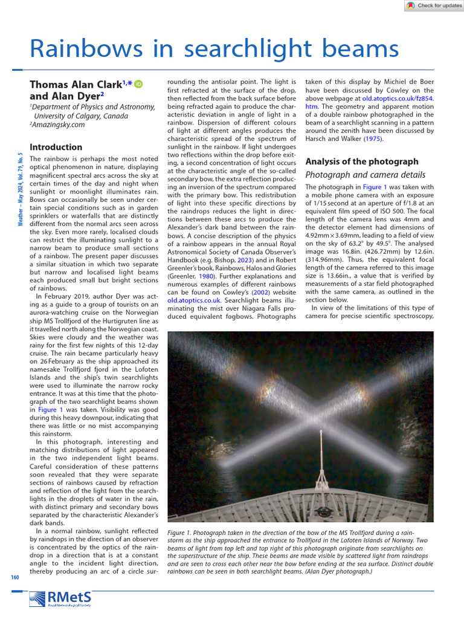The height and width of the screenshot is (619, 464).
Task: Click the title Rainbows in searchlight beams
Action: (x=214, y=49)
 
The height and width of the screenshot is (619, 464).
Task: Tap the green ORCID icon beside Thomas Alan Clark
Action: (x=138, y=85)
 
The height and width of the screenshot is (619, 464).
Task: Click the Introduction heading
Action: (x=56, y=147)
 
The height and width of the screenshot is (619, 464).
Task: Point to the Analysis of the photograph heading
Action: (x=362, y=161)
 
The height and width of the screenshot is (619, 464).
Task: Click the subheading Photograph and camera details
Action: (x=365, y=175)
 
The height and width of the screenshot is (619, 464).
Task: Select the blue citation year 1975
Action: (x=372, y=138)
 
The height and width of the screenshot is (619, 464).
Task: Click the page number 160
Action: (x=15, y=577)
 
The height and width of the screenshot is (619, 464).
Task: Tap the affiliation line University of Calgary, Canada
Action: (x=86, y=115)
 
